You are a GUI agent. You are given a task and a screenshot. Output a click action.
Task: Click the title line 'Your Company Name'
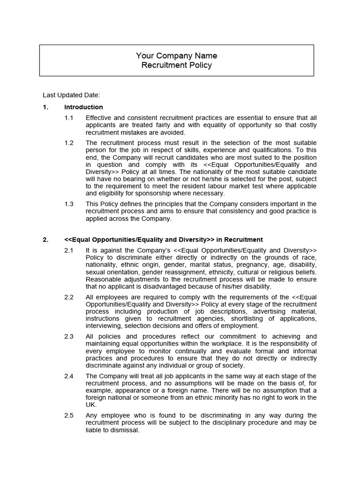[176, 56]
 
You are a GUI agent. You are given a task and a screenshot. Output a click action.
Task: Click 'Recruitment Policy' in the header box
[176, 65]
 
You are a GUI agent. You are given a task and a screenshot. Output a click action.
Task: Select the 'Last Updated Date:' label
[71, 95]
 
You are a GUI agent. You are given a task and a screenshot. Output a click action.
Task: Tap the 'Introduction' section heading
[83, 107]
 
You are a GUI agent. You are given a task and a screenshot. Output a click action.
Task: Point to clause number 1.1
[69, 118]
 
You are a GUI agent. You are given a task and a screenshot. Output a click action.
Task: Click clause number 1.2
[69, 142]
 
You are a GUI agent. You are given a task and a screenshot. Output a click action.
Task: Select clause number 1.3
[69, 204]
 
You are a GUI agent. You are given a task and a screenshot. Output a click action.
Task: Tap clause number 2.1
[69, 250]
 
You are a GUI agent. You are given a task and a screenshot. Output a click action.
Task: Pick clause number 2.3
[69, 337]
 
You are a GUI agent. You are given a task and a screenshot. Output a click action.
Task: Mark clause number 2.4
[69, 376]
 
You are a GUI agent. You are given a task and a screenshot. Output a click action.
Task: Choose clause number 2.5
[69, 415]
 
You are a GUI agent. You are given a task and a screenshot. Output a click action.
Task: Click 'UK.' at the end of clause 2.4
[91, 405]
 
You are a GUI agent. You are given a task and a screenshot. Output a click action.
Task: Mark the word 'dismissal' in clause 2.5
[123, 430]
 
